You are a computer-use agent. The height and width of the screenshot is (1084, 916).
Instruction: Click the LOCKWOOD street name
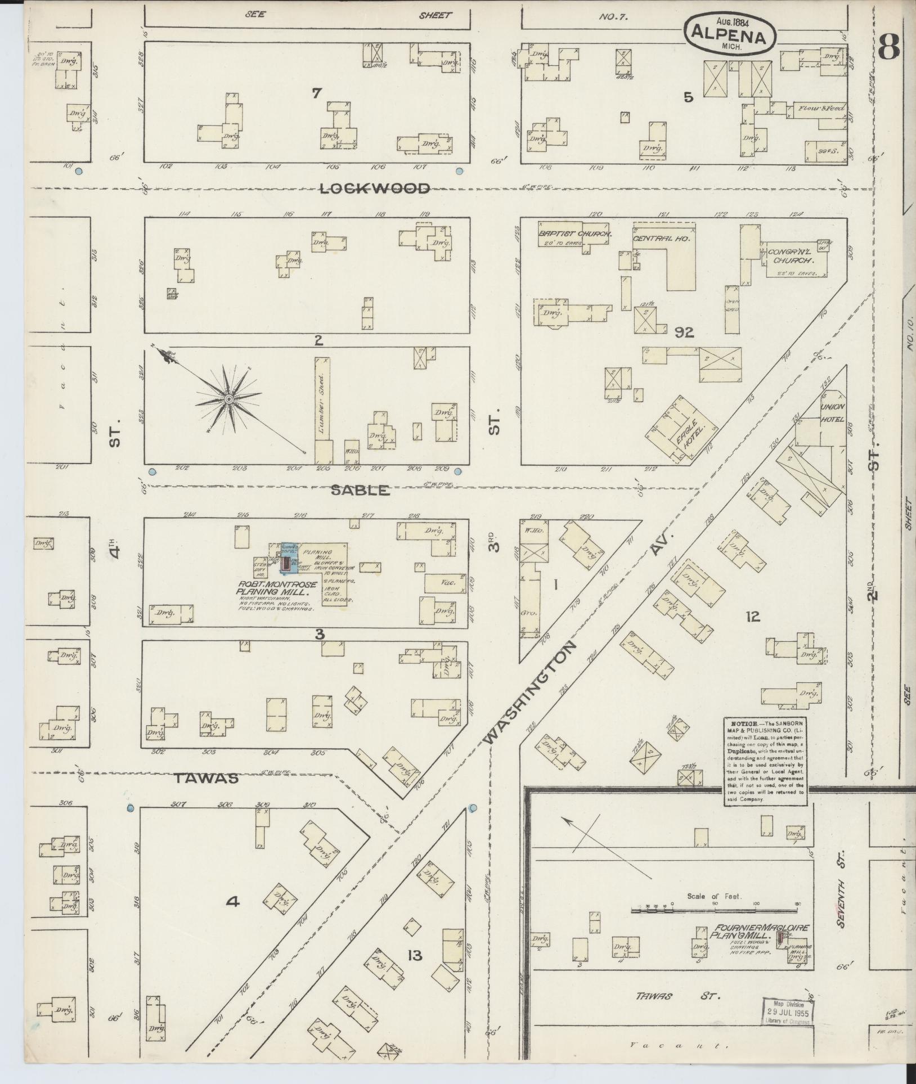click(x=375, y=189)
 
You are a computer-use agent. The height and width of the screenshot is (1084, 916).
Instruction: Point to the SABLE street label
click(x=360, y=490)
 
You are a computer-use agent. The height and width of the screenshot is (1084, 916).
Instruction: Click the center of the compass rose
click(x=228, y=399)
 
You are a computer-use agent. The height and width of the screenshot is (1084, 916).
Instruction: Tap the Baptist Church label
click(x=574, y=233)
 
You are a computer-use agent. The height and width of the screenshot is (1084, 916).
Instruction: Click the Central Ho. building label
click(x=661, y=239)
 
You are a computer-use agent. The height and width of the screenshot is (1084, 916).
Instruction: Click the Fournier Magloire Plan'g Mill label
click(x=754, y=931)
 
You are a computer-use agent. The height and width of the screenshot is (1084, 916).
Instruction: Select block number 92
click(x=684, y=333)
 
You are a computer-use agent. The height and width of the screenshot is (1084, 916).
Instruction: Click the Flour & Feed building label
click(x=818, y=108)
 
